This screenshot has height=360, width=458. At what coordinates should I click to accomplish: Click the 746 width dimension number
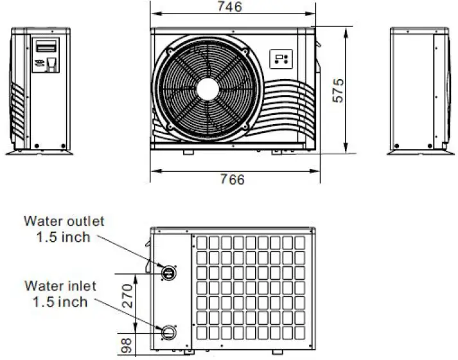click(230, 6)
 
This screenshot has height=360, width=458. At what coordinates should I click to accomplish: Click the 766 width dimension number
click(233, 179)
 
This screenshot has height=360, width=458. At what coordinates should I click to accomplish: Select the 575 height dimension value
click(339, 90)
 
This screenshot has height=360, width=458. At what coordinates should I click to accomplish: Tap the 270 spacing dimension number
click(127, 296)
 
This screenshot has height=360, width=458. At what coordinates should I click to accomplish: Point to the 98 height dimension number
click(126, 345)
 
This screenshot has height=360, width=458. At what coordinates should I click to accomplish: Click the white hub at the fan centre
click(207, 90)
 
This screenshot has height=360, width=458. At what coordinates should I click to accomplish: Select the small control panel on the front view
click(281, 59)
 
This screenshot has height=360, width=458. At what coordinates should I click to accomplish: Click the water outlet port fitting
click(168, 273)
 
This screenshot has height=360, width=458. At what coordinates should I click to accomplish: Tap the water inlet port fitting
click(168, 332)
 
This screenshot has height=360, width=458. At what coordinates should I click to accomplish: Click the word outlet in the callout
click(86, 221)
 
